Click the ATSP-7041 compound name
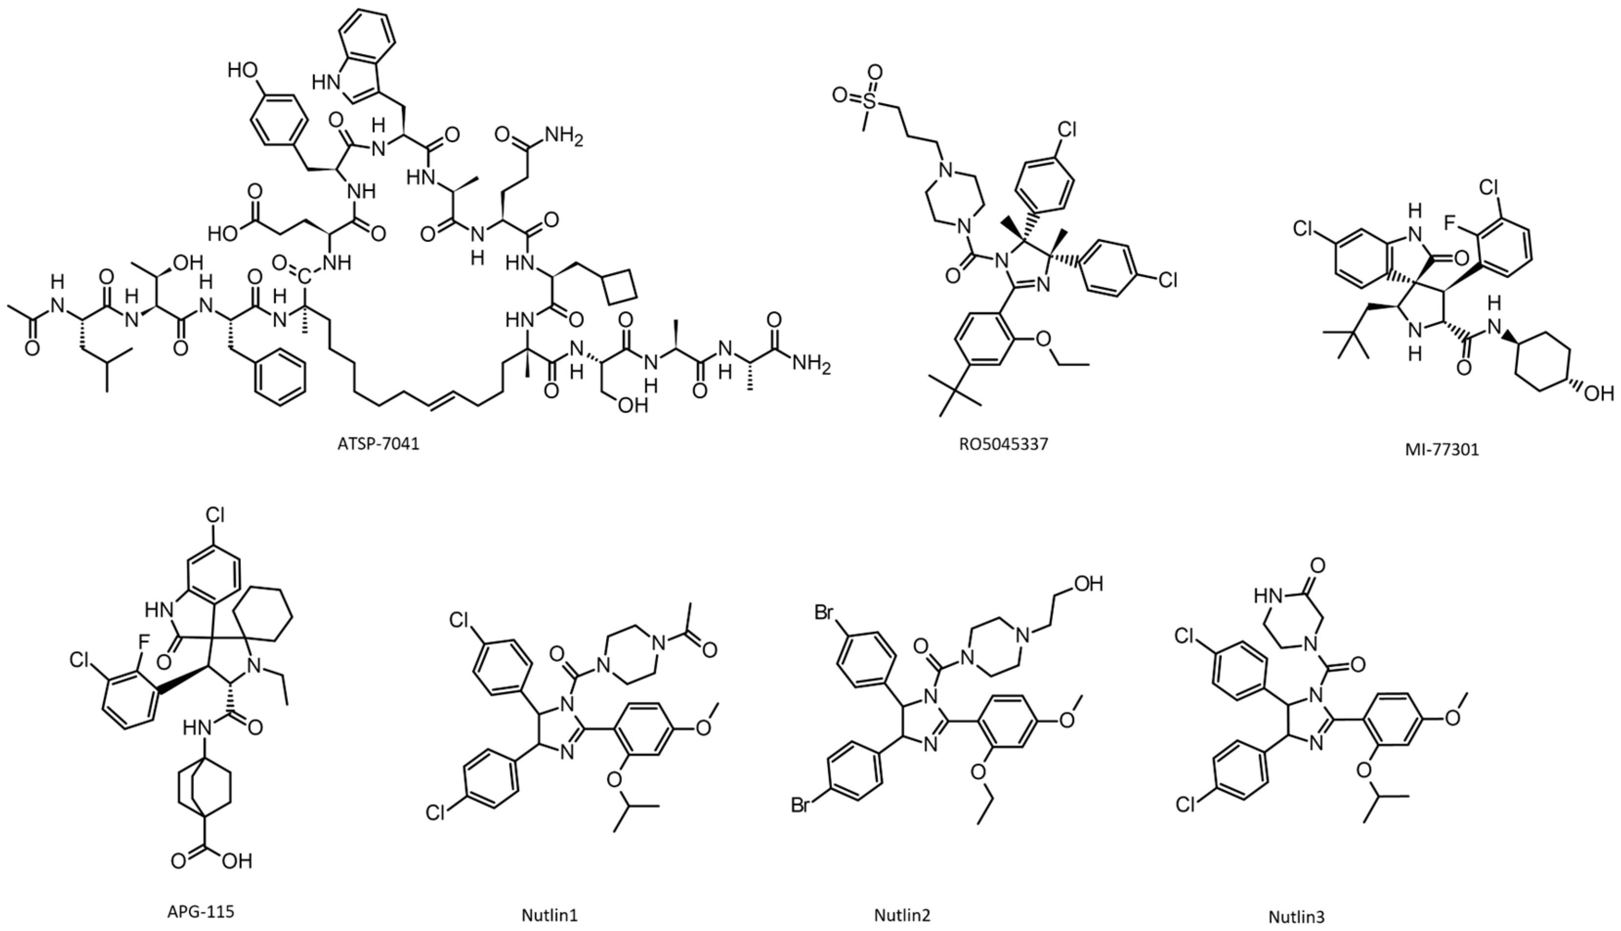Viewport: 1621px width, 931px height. (x=378, y=444)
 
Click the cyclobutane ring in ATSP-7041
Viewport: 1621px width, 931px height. (x=620, y=285)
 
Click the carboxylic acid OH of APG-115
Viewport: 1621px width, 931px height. (x=237, y=861)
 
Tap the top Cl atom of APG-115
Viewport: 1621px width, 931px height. (x=214, y=516)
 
